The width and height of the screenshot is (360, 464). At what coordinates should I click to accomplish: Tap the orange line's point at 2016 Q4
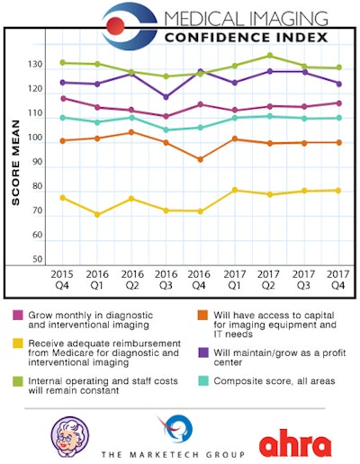(x=200, y=159)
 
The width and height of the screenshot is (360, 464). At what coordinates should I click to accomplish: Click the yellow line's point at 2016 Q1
(x=97, y=214)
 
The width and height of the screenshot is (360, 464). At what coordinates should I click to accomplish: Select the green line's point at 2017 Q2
(x=269, y=56)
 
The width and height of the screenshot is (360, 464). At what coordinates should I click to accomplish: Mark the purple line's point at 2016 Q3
(x=166, y=97)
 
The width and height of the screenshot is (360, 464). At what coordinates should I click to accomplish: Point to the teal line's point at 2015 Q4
(x=62, y=118)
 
